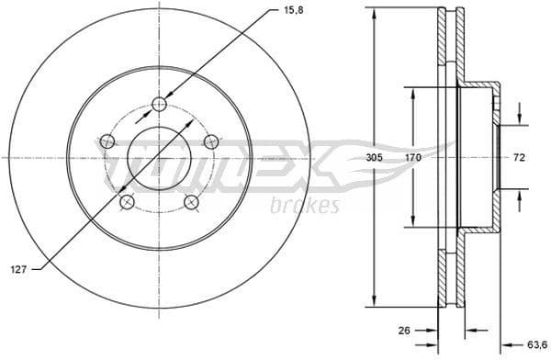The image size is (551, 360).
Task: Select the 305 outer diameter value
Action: (372, 158)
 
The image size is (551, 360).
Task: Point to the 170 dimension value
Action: (413, 158)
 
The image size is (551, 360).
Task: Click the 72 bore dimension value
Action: (518, 158)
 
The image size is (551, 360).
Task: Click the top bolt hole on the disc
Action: (160, 104)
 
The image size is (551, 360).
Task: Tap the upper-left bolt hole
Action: (107, 141)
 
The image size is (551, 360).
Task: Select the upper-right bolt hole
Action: (211, 141)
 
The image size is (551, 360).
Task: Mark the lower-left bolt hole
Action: (128, 202)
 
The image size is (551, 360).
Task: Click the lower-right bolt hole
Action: (191, 202)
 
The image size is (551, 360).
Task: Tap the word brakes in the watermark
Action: (305, 205)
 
